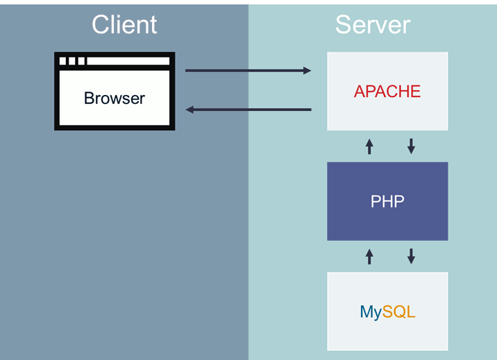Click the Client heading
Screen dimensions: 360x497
tap(124, 25)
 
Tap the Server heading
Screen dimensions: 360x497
tap(373, 25)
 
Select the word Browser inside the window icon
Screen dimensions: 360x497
tap(115, 98)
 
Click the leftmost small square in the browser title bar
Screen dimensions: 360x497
tap(63, 61)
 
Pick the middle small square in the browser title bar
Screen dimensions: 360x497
tap(72, 61)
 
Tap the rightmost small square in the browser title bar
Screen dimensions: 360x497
tap(81, 61)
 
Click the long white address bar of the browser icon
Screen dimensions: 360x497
tap(128, 61)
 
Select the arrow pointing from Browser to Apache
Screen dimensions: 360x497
tap(248, 71)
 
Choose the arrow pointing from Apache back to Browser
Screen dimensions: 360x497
tap(248, 110)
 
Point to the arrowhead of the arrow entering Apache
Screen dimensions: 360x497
tap(307, 71)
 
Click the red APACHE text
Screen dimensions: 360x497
tap(387, 92)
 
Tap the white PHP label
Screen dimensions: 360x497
tap(387, 202)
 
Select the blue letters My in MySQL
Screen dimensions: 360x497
tap(371, 313)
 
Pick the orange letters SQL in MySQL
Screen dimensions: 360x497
tap(398, 312)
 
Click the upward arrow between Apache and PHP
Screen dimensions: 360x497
tap(369, 146)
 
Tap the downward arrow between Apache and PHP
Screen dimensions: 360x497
tap(411, 146)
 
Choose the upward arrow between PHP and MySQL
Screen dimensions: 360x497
tap(369, 257)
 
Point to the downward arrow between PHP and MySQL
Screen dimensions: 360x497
tap(411, 257)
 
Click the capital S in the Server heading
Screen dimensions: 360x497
tap(344, 25)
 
